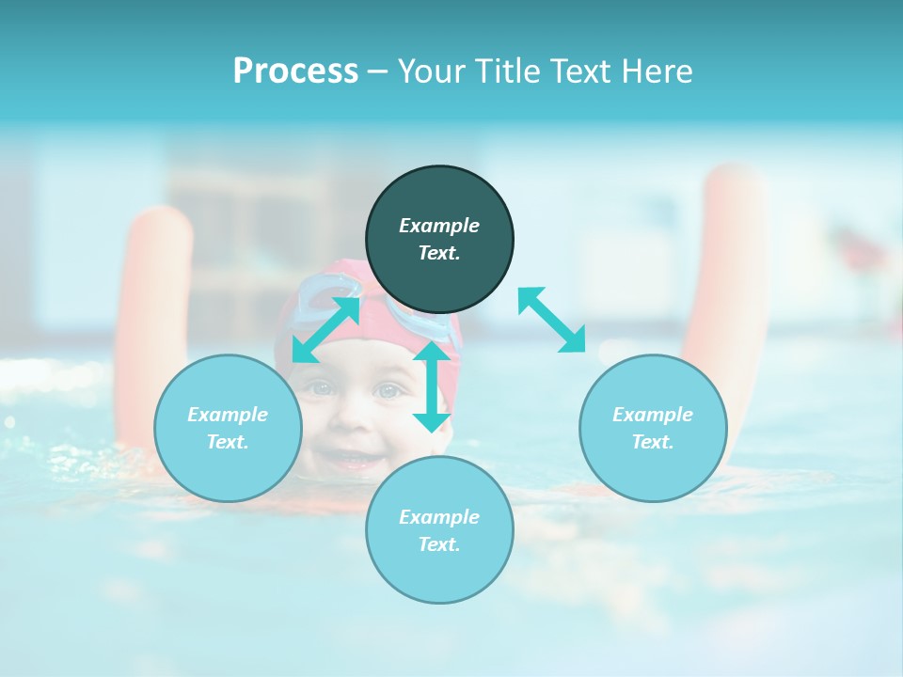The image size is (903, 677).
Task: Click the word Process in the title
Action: point(295,71)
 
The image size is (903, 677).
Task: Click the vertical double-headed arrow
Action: point(432,386)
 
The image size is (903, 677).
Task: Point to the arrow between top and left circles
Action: point(326,329)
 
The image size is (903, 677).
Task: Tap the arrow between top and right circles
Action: point(551,320)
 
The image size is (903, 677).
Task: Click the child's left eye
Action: point(321,387)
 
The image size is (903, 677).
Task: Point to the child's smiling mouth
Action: point(350,460)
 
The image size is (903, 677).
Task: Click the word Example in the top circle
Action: point(439,226)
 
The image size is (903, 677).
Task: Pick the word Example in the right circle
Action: point(653,415)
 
